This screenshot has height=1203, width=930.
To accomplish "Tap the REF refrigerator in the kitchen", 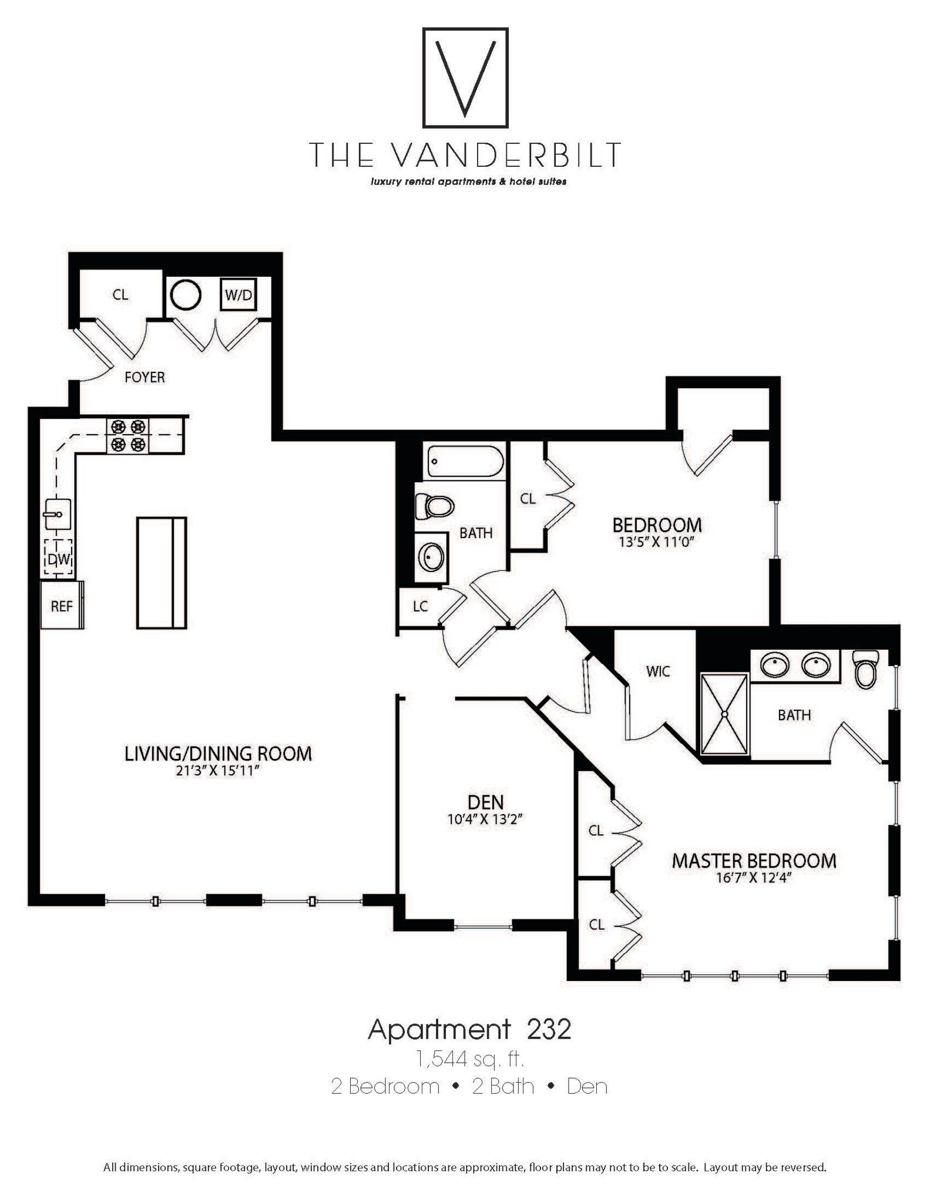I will [x=62, y=606].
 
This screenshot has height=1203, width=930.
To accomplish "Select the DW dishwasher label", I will [x=59, y=559].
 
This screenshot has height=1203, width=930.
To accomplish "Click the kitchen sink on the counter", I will [x=58, y=513].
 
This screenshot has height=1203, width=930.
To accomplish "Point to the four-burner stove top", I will [x=128, y=436].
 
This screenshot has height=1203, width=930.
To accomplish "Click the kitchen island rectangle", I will [x=162, y=573].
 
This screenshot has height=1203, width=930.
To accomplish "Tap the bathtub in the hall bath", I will [x=465, y=461].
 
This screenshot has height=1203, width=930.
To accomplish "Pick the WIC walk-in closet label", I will [x=657, y=671].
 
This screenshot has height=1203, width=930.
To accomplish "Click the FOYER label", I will [x=145, y=377].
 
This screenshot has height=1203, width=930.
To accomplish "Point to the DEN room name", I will [x=485, y=802].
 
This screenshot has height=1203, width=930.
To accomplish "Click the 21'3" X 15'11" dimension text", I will [x=217, y=771].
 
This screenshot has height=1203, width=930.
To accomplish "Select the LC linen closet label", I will [x=420, y=607].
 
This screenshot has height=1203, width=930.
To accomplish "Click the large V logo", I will [x=465, y=78].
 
